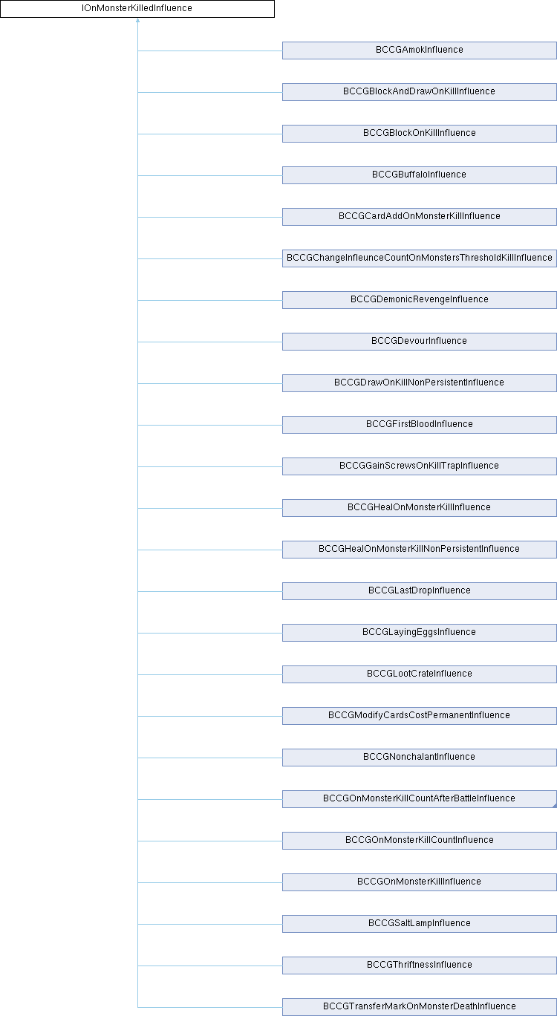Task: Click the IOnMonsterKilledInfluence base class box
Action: [x=137, y=9]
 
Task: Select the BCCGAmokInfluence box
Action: [x=419, y=51]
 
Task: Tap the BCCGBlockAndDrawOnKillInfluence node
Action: [x=419, y=92]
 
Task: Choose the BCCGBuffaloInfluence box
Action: [x=419, y=175]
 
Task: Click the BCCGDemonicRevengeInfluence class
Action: [x=419, y=300]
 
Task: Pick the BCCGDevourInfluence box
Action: [x=419, y=342]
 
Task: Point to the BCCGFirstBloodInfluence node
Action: [x=419, y=425]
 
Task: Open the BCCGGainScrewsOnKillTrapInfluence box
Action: [x=419, y=466]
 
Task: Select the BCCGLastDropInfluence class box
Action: [x=419, y=591]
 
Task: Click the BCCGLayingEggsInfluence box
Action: [x=419, y=633]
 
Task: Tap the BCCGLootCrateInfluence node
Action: [x=419, y=674]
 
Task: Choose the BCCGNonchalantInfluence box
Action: [x=419, y=758]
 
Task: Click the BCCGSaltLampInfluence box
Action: [x=419, y=923]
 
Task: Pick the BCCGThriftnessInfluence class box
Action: [x=419, y=965]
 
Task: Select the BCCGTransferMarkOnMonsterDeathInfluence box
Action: [x=419, y=1007]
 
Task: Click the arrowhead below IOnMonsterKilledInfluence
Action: [x=137, y=20]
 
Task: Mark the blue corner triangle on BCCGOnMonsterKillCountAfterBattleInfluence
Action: [x=555, y=806]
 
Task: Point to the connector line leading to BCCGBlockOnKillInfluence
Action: [x=210, y=134]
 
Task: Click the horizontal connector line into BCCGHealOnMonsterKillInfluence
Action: [x=210, y=508]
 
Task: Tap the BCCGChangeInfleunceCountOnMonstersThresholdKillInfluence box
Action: [x=419, y=258]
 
